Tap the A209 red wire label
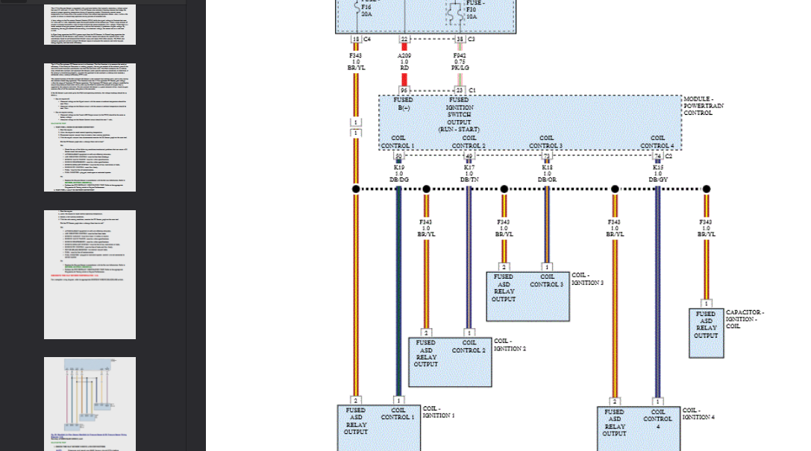404,61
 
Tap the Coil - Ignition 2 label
510,344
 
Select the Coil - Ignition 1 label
438,411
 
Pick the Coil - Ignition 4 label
698,413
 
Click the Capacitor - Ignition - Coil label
745,319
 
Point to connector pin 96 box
404,90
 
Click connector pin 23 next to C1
460,90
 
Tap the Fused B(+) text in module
404,104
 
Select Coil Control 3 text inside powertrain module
546,142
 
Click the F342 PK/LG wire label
460,61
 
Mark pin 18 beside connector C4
356,39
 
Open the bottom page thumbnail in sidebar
90,403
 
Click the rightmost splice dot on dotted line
706,189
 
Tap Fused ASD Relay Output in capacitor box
706,324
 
